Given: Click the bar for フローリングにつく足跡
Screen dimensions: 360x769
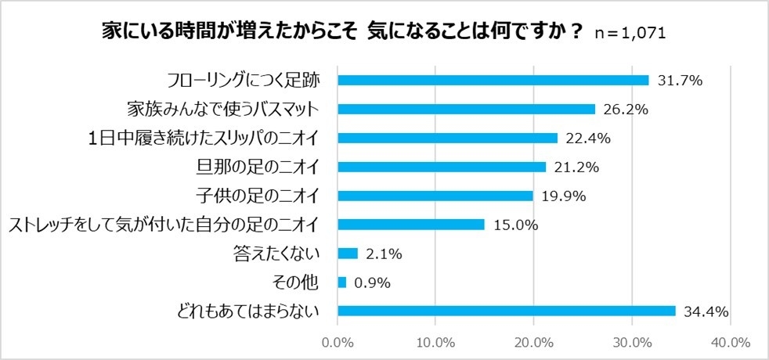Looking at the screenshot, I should (493, 80).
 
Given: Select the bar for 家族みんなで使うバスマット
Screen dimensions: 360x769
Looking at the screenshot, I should (466, 109).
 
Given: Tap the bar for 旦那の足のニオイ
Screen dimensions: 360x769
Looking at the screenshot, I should (442, 167).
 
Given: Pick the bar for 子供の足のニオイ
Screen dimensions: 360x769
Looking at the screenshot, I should (435, 196).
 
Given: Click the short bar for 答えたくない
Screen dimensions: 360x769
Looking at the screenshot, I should (348, 253).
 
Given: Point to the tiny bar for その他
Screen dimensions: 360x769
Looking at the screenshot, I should (341, 282).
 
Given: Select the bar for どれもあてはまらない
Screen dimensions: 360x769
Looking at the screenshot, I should (507, 311).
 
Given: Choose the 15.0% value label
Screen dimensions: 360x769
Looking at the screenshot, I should (515, 225).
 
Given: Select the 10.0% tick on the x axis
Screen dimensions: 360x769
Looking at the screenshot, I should (435, 342).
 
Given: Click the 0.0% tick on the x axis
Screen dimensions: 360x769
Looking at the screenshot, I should (338, 342).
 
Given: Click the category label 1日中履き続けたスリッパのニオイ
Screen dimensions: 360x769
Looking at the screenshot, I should (203, 138).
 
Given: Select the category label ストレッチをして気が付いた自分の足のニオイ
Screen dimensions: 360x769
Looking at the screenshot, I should (162, 225).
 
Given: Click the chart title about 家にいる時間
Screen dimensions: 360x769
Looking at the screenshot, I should (343, 32).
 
